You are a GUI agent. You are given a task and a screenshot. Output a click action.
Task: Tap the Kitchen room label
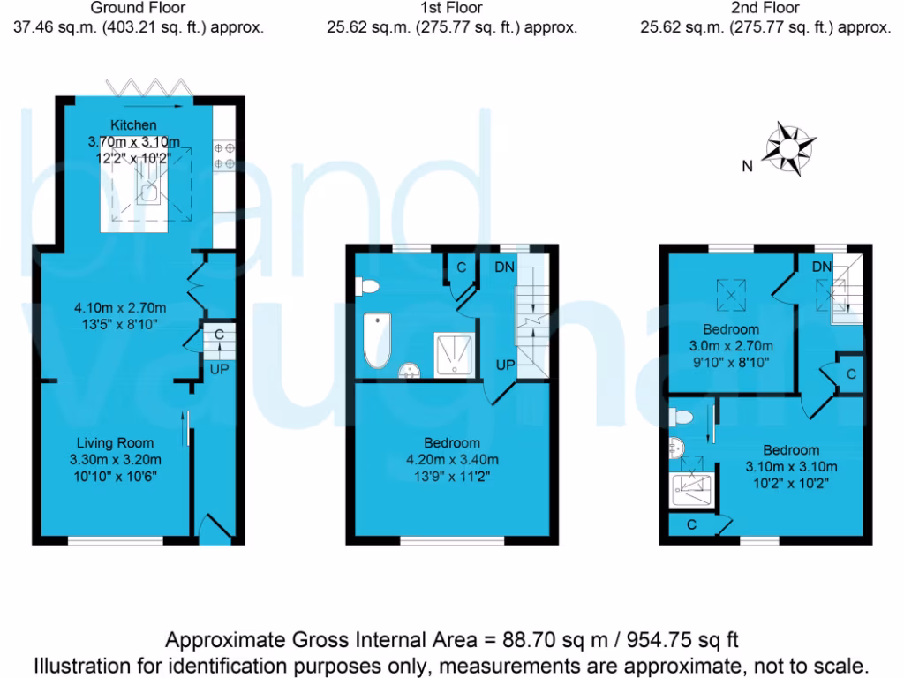(133, 125)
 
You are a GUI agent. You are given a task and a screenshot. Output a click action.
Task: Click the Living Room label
(115, 443)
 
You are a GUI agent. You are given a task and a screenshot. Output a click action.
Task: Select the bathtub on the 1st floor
(378, 341)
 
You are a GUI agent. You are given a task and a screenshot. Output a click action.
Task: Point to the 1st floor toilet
(367, 286)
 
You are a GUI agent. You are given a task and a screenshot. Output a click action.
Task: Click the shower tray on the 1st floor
(454, 354)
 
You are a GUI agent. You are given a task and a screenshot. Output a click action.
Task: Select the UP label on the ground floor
(218, 369)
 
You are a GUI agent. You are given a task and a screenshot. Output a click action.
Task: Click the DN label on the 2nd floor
(822, 267)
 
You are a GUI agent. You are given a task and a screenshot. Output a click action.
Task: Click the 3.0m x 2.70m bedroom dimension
(731, 345)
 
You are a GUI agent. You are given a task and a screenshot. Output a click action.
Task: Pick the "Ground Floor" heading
(139, 8)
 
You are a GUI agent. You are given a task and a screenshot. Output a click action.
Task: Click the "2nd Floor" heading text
(765, 8)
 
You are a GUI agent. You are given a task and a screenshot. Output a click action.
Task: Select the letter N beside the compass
(747, 166)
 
